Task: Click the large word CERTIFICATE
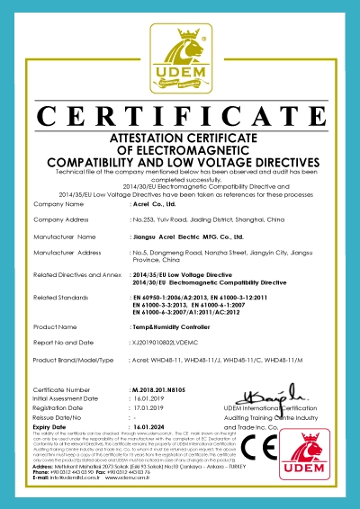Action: click(179, 118)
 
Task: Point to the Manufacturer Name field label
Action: click(65, 237)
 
